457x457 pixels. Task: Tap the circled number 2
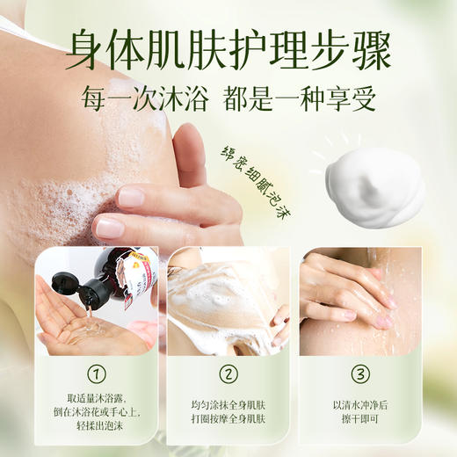click(228, 374)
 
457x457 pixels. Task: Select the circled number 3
click(360, 374)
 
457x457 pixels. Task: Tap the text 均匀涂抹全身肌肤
click(228, 405)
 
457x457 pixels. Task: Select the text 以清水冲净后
click(360, 405)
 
